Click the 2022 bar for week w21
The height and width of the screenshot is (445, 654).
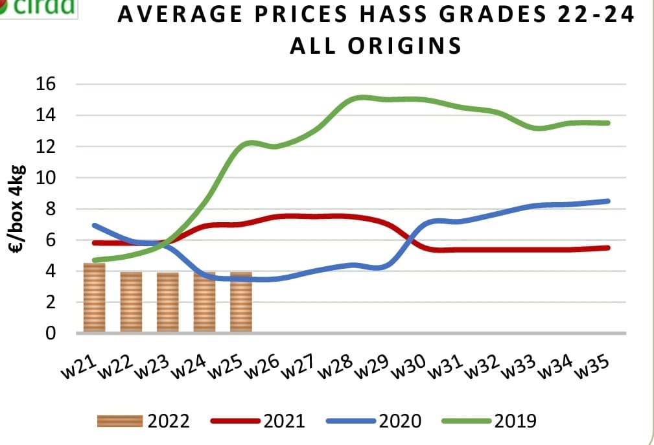(x=94, y=298)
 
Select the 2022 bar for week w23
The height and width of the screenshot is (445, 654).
(x=168, y=302)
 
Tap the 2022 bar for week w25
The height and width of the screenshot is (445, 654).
(x=241, y=302)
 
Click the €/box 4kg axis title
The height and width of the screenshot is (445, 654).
(x=19, y=209)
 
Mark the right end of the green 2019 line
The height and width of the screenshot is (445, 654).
(x=609, y=123)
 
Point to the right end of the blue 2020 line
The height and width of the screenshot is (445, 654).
(x=609, y=201)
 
